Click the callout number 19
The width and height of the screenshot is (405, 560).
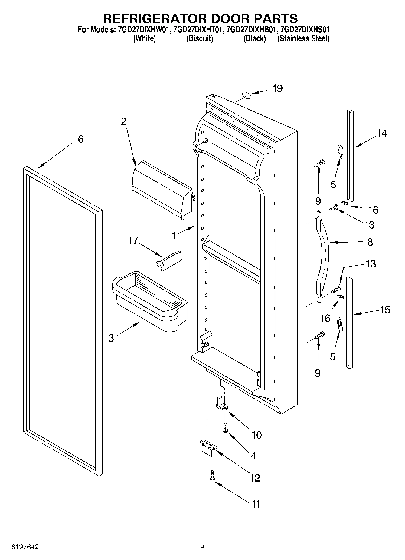[277, 89]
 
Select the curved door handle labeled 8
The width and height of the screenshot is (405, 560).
[323, 254]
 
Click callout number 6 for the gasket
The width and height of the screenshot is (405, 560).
[80, 139]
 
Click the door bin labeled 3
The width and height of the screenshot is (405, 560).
[150, 303]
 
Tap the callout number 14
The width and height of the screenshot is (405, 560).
[382, 133]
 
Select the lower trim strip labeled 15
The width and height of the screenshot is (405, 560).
[350, 323]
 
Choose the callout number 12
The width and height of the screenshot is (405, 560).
[255, 478]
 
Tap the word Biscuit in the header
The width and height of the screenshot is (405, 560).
[200, 39]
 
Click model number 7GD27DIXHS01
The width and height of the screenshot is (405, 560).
[305, 30]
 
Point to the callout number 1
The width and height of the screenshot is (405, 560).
[174, 236]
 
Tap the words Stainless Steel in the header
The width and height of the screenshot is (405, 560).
[303, 39]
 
